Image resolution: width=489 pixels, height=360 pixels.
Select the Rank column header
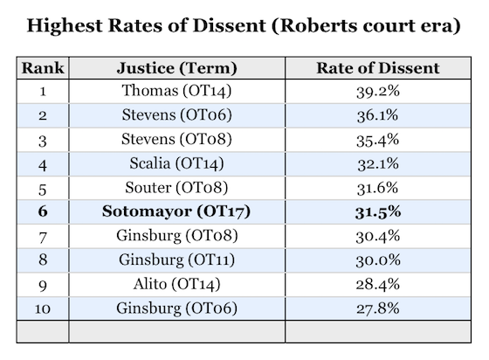(43, 68)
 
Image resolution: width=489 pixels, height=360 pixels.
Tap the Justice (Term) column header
(176, 68)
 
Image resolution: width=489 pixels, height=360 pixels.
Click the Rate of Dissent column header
(378, 68)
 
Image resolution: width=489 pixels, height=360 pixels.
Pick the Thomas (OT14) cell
(176, 91)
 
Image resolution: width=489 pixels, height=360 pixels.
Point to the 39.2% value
(378, 92)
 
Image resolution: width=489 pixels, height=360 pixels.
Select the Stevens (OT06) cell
(176, 115)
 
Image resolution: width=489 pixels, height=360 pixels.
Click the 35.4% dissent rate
(378, 140)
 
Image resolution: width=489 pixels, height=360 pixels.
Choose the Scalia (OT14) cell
(176, 163)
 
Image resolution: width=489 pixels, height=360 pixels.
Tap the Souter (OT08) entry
(176, 188)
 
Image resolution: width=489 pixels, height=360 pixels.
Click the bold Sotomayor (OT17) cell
(176, 211)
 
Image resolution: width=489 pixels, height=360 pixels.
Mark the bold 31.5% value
(378, 212)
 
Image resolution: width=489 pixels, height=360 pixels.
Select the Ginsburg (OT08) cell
(176, 236)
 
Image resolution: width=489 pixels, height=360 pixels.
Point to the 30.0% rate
(378, 260)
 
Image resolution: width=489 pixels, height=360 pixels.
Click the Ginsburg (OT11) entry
(176, 260)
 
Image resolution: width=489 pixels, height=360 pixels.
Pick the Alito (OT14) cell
(176, 285)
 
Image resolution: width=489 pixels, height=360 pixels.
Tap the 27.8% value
(378, 308)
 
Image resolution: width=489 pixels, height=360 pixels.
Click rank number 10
(43, 308)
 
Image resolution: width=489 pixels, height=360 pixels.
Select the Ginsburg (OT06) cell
(176, 308)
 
